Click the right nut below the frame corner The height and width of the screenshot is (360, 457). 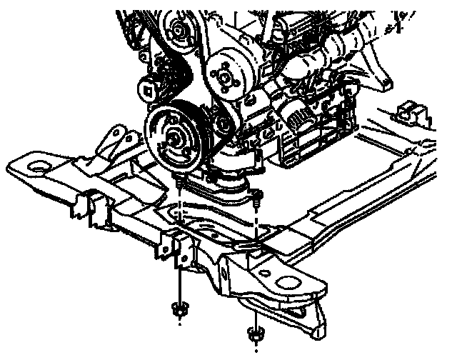click(253, 333)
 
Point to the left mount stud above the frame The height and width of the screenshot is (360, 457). click(176, 186)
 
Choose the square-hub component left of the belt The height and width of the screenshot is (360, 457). click(149, 89)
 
